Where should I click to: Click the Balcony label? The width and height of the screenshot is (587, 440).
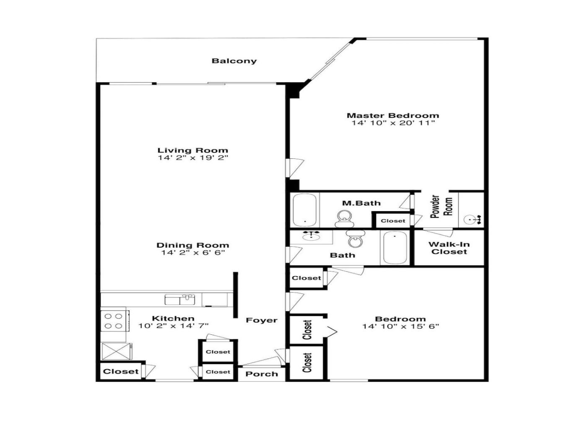[234, 61]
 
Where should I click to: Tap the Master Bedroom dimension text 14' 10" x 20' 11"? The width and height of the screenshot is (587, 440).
[393, 123]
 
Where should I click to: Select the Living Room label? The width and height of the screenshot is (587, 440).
[193, 150]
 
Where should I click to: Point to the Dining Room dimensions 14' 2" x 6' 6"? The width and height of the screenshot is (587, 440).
[192, 252]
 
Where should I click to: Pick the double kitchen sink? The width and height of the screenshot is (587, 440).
[180, 300]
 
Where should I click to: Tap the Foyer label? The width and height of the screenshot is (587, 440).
[262, 320]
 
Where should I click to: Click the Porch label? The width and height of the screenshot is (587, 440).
[262, 374]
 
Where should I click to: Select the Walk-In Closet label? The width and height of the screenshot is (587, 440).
[449, 248]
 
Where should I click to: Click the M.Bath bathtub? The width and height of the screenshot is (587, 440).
[305, 210]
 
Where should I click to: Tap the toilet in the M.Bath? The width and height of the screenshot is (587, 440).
[344, 218]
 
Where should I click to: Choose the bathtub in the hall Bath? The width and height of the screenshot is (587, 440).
[395, 248]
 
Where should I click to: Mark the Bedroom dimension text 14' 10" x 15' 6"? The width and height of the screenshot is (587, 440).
[400, 326]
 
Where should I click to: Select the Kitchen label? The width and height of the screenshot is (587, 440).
[173, 318]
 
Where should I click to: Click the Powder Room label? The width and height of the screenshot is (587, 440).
[442, 206]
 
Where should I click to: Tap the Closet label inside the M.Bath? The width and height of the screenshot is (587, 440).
[393, 221]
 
